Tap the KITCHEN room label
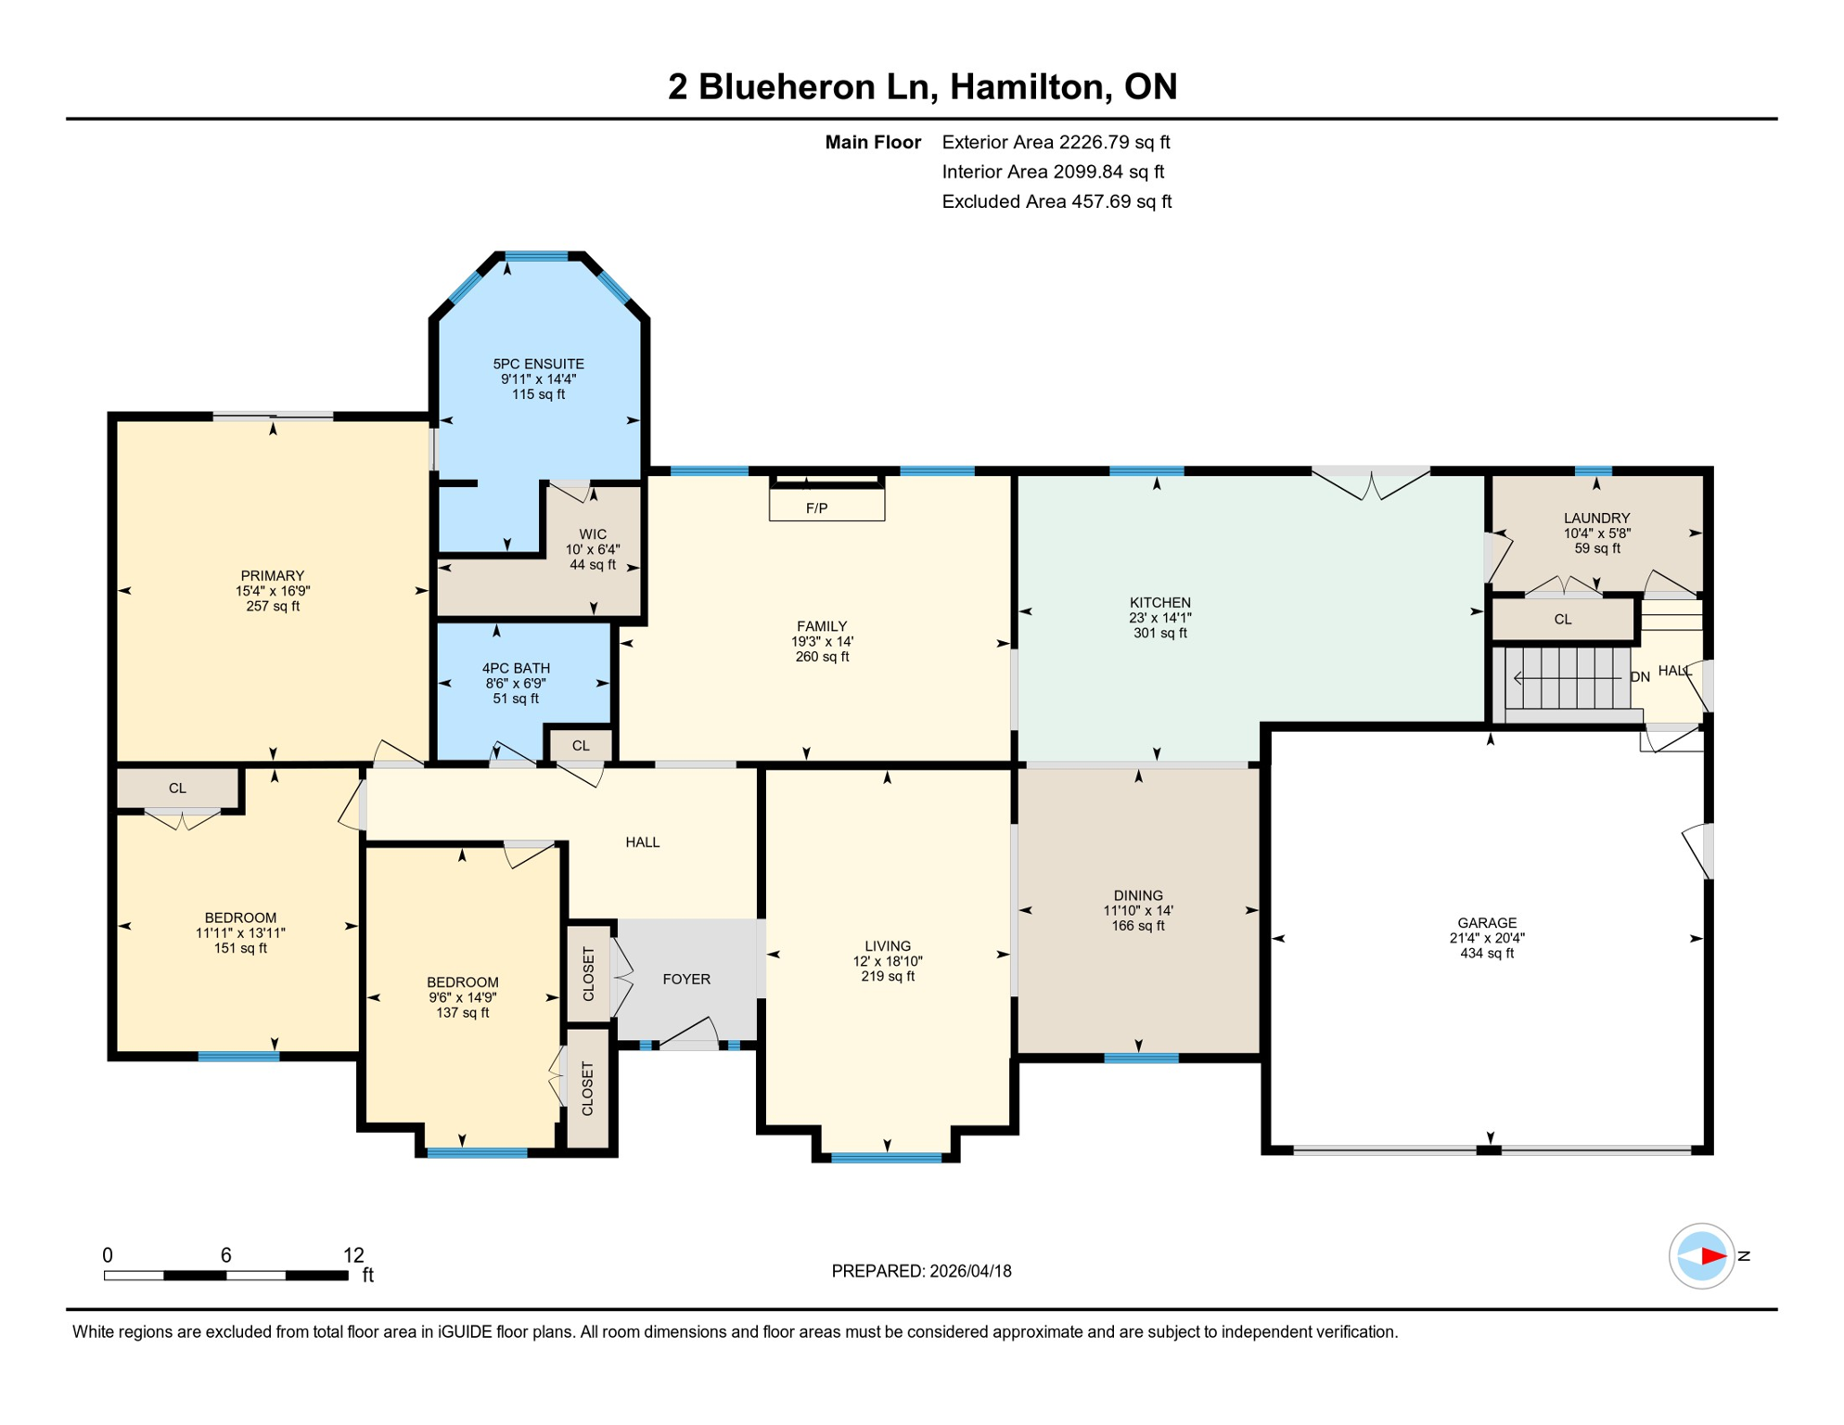pos(1159,603)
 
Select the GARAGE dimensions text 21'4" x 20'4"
pos(1486,938)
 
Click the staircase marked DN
pos(1568,678)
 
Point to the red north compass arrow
pos(1712,1256)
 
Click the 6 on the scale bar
pos(225,1255)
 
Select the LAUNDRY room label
pos(1596,518)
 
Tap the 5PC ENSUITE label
pos(538,364)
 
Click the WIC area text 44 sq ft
pos(593,565)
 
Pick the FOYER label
pos(686,979)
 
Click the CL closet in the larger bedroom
pos(177,788)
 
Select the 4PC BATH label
pos(516,668)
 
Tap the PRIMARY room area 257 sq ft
pos(273,606)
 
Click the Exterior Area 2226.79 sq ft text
pos(1056,142)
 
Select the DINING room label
pos(1138,895)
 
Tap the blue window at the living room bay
pos(887,1157)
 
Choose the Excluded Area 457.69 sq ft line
pos(1056,201)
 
